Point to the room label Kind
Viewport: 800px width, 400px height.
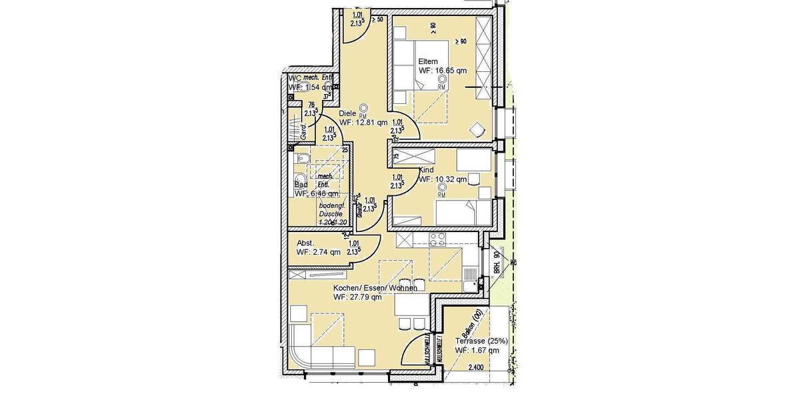(426, 171)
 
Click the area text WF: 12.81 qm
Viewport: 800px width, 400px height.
(363, 122)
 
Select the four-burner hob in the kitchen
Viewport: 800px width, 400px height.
(437, 238)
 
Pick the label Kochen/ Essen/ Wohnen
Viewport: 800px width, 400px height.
(375, 288)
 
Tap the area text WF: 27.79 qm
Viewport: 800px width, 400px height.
(357, 297)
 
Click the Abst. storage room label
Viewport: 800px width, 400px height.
(305, 243)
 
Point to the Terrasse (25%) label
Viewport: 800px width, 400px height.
(481, 341)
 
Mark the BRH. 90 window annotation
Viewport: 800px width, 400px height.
(497, 262)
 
